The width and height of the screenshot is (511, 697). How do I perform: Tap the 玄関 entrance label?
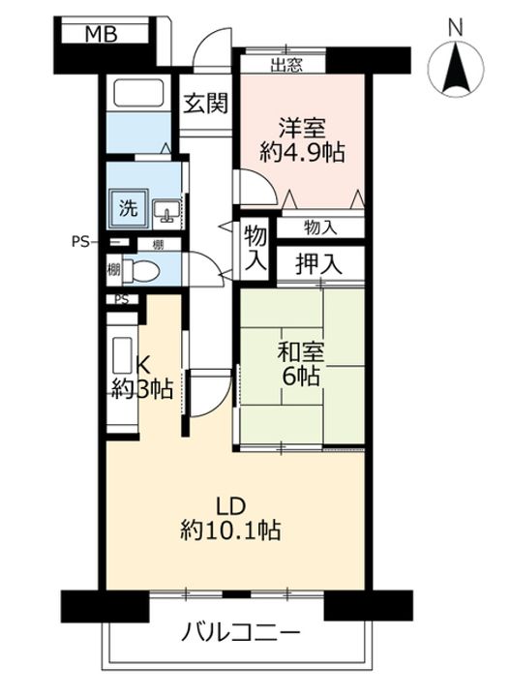click(207, 104)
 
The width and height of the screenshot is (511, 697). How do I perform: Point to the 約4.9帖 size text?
click(303, 153)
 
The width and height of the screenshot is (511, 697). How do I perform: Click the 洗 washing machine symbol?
click(128, 205)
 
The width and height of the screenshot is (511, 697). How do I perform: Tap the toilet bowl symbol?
click(144, 270)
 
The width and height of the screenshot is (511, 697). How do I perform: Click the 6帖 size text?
click(300, 379)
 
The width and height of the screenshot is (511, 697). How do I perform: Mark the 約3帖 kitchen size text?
click(141, 389)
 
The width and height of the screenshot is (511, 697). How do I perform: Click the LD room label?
click(231, 503)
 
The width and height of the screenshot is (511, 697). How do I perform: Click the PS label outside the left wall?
click(80, 242)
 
